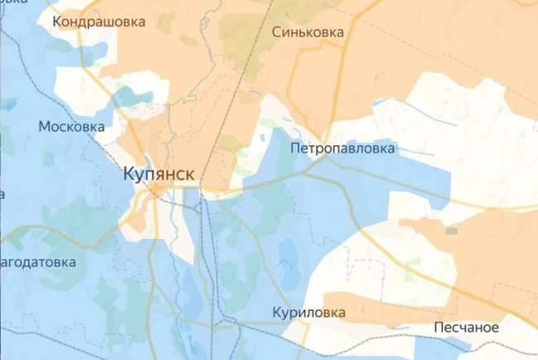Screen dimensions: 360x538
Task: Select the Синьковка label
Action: coord(308,32)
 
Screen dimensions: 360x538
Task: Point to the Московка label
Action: coord(71,127)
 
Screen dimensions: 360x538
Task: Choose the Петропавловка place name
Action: coord(343,148)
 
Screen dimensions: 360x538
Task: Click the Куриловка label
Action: coord(308,313)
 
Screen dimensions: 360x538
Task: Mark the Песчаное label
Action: coord(466,328)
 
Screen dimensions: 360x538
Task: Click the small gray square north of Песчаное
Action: coord(451,230)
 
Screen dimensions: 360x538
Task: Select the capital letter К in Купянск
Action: coord(128,175)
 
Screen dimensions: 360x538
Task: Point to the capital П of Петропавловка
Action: coord(296,148)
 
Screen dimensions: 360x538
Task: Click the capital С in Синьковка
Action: coord(277,32)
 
